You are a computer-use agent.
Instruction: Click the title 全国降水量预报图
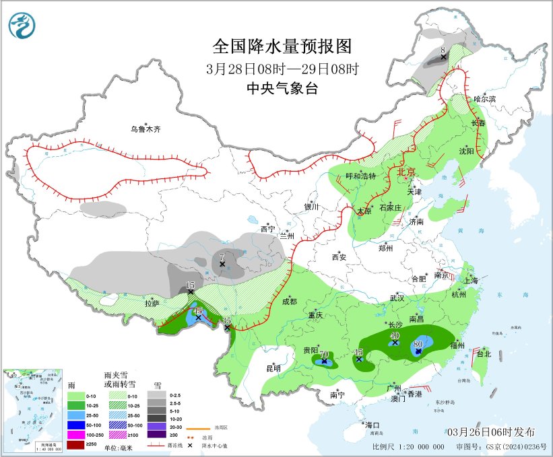tap(282, 47)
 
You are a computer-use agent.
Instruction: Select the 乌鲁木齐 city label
tap(147, 129)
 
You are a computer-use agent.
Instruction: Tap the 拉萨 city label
tap(152, 304)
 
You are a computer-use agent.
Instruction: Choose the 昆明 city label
tap(273, 368)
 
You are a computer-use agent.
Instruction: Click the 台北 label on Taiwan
tap(484, 353)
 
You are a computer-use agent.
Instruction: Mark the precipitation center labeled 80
tap(418, 343)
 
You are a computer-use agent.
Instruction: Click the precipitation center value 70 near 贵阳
tap(324, 354)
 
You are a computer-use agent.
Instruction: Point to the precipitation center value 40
tap(395, 335)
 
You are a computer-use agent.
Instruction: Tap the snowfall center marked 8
tap(443, 50)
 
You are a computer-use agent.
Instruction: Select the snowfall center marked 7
tap(222, 256)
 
